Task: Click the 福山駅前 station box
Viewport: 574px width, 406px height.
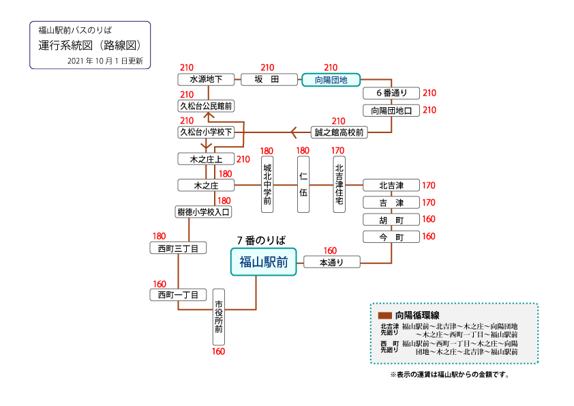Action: click(x=264, y=262)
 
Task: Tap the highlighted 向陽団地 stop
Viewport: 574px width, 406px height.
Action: click(x=331, y=80)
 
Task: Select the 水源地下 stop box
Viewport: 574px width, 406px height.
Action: click(x=207, y=80)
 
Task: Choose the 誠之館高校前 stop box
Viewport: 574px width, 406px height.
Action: click(x=339, y=132)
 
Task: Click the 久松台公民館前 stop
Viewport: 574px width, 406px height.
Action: click(x=206, y=106)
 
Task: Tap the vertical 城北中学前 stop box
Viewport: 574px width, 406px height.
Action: click(x=268, y=184)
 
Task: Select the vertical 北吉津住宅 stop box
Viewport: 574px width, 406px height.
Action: click(x=339, y=184)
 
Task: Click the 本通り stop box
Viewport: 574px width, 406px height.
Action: click(x=331, y=262)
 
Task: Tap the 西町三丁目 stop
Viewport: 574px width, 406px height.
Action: click(x=178, y=248)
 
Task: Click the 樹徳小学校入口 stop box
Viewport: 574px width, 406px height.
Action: click(x=204, y=212)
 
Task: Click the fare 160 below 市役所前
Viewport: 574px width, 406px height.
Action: click(x=218, y=351)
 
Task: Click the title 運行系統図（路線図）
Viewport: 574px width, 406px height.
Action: click(x=89, y=46)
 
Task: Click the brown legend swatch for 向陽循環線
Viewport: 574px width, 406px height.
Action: click(x=384, y=315)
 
